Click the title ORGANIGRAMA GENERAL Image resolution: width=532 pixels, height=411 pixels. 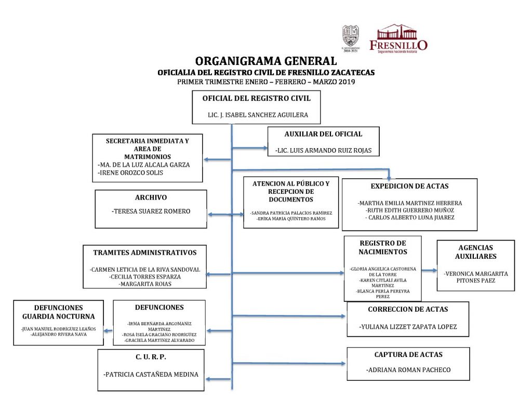click(266, 61)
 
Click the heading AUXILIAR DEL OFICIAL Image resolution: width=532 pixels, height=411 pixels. click(323, 134)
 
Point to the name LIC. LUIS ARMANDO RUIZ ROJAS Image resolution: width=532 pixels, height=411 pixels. click(323, 151)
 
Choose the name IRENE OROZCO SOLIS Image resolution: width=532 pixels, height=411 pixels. click(130, 173)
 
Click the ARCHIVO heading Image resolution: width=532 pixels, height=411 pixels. click(151, 197)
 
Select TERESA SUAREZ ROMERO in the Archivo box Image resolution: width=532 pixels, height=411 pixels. click(151, 211)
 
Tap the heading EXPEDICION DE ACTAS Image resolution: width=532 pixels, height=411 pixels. click(409, 186)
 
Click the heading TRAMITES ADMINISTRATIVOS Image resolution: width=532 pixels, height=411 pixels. click(145, 253)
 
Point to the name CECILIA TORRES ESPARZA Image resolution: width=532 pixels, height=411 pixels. click(145, 277)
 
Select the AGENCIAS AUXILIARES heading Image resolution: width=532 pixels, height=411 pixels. click(475, 252)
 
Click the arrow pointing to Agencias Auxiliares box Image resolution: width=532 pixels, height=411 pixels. click(429, 271)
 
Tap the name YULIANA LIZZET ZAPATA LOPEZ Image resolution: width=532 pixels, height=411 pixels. click(408, 327)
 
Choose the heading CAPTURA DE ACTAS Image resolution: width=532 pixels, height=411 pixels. click(408, 355)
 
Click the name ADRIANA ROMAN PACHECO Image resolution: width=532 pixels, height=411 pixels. click(408, 370)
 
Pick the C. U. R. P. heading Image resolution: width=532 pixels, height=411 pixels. click(151, 357)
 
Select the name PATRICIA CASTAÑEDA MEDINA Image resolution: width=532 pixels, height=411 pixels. click(151, 374)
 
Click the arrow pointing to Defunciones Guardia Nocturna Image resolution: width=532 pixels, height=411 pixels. click(108, 330)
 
